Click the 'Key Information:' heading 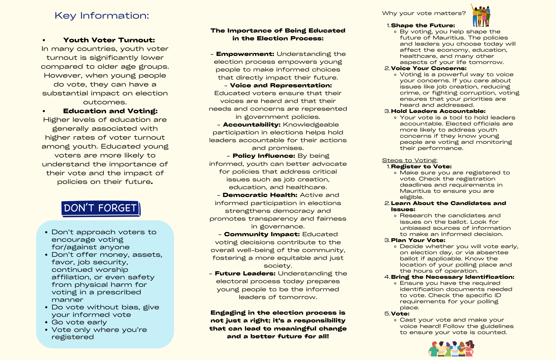coord(102,16)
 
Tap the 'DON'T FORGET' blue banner coord(101,208)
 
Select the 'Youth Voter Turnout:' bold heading coord(109,40)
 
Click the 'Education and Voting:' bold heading coord(110,111)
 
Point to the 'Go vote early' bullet coord(79,322)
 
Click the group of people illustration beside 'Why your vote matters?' coord(481,15)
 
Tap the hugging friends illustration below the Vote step coord(451,349)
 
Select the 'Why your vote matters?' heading coord(424,13)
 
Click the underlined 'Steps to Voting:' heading coord(409,160)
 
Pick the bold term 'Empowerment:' coord(245,54)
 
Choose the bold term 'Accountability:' coord(252,125)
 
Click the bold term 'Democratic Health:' coord(260,195)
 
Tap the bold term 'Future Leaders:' coord(245,273)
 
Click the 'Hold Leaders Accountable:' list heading coord(438,111)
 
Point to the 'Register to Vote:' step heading coord(421,167)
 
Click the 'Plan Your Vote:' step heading coord(418,240)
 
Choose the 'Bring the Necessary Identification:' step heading coord(453,277)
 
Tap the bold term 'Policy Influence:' coord(264,156)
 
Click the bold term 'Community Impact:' coord(262,234)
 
